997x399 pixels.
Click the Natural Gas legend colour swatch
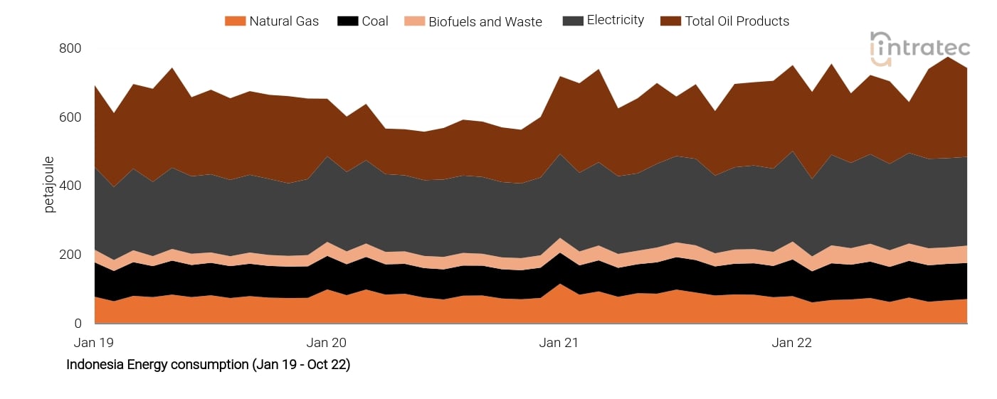coord(234,21)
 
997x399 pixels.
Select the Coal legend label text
coord(374,21)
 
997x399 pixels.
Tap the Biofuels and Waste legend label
coord(485,21)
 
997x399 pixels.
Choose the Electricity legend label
coord(615,21)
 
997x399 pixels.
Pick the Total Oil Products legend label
coord(737,21)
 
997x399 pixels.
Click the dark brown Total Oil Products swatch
coord(670,21)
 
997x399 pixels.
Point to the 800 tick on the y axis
coord(70,48)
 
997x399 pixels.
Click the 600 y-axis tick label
coord(70,117)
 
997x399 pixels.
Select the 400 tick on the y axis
coord(70,186)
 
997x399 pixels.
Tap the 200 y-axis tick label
coord(70,255)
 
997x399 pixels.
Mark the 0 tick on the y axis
coord(78,324)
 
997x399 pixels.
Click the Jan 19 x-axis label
coord(94,343)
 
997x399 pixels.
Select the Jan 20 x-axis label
coord(327,343)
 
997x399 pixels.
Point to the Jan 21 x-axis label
coord(559,343)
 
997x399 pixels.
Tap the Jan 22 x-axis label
coord(791,343)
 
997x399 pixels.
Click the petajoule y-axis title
coord(49,186)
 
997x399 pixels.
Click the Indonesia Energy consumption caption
coord(208,365)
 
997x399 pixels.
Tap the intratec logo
coord(919,48)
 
